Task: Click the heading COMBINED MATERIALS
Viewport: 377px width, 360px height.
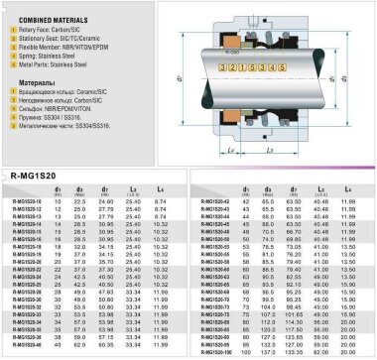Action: [x=47, y=19]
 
